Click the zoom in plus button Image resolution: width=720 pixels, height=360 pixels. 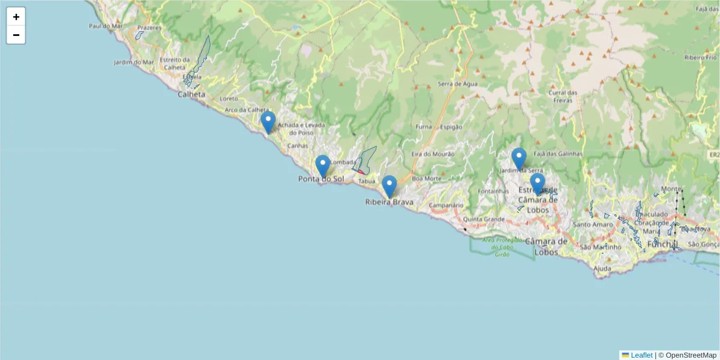click(16, 17)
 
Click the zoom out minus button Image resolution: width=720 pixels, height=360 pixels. click(16, 35)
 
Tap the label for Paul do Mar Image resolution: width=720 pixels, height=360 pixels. click(103, 26)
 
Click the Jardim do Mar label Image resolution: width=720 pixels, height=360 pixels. click(134, 62)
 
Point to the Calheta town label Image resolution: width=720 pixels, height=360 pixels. click(191, 94)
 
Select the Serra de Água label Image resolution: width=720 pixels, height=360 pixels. click(458, 84)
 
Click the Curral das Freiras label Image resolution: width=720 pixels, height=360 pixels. click(563, 96)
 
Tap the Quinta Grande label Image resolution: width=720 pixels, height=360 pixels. click(484, 219)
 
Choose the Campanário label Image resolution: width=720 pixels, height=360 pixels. click(445, 205)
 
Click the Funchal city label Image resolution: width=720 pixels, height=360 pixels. click(662, 244)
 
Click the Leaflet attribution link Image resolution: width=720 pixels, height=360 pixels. click(641, 355)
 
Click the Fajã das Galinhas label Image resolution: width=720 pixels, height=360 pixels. click(557, 154)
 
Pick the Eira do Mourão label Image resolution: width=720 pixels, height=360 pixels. click(433, 154)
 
